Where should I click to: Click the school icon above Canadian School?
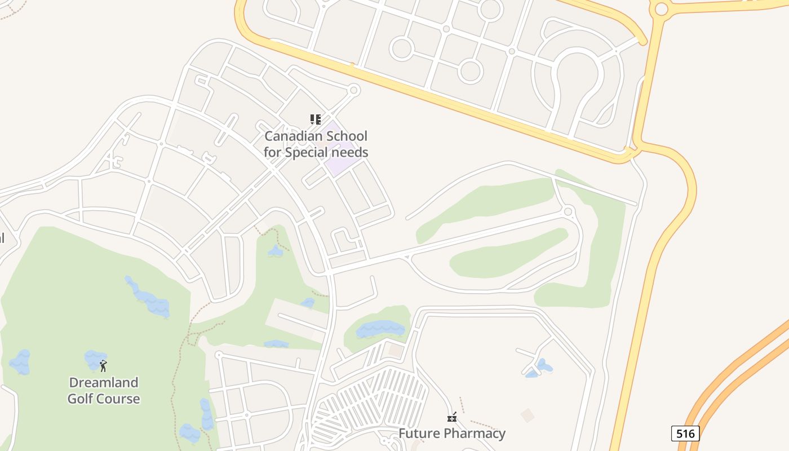[x=316, y=119]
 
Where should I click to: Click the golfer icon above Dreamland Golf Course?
[x=103, y=366]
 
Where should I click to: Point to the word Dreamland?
[x=103, y=382]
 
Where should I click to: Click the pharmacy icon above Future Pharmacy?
[x=451, y=417]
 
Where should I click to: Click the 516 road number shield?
[x=685, y=434]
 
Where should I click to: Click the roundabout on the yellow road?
[x=661, y=8]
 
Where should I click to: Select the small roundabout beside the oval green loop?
[x=568, y=212]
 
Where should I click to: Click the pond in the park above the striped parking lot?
[x=380, y=328]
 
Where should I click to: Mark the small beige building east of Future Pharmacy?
[x=528, y=416]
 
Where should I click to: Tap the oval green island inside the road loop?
[x=507, y=254]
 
